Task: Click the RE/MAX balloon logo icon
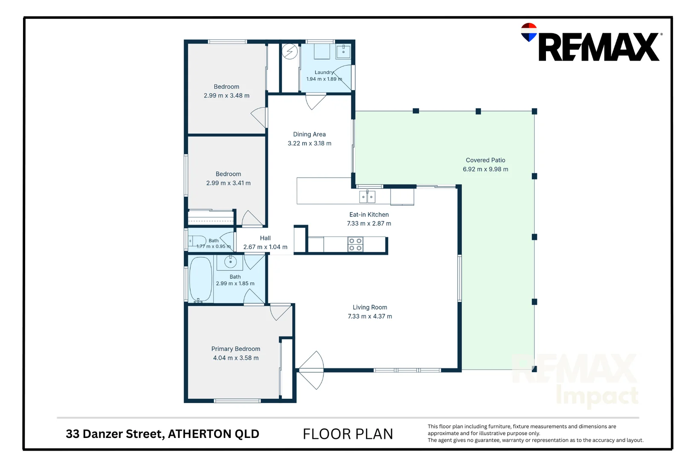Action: (x=529, y=32)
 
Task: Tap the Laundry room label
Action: (x=324, y=72)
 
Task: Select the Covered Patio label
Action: (x=485, y=160)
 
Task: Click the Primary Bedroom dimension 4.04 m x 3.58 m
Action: (x=236, y=358)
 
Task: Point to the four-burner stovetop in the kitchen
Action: (x=355, y=244)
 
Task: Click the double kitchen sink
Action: (x=367, y=196)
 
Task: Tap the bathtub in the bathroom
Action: (x=200, y=279)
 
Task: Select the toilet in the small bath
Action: (x=197, y=241)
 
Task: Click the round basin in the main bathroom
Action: (x=230, y=262)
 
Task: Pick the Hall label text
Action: (x=265, y=238)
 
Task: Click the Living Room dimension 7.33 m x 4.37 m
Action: (x=370, y=316)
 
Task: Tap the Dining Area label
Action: (x=309, y=134)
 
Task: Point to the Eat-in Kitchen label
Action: (x=369, y=214)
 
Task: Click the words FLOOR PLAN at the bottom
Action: (x=348, y=434)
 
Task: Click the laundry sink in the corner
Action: (x=343, y=51)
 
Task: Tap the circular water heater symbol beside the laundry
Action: (x=290, y=52)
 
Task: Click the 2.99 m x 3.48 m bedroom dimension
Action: (x=226, y=96)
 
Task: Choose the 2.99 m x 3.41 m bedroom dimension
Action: (x=228, y=183)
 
